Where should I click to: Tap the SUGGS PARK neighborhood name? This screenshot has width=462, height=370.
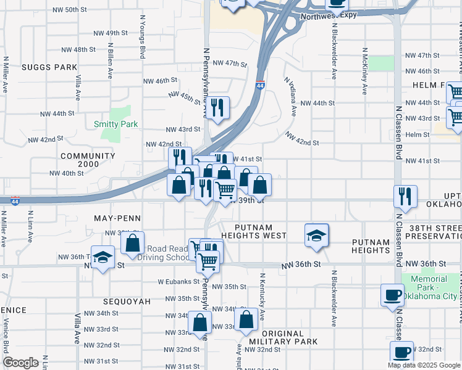(49, 67)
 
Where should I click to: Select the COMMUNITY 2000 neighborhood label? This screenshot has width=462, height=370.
(88, 160)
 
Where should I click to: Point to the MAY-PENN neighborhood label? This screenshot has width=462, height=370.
(117, 218)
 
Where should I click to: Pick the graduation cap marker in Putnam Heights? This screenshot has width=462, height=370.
(316, 235)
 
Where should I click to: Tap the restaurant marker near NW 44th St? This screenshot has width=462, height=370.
(217, 107)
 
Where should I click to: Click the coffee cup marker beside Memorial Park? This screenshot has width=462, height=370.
(392, 294)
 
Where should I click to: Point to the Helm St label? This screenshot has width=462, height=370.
(418, 134)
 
